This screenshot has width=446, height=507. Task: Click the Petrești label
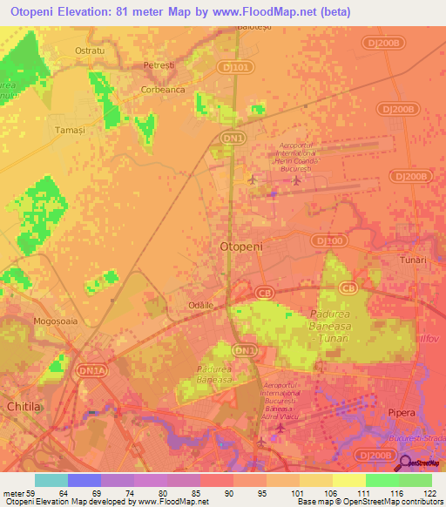(x=159, y=65)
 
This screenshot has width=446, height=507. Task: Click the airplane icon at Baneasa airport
(x=279, y=427)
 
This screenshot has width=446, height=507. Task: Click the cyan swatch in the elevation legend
(x=51, y=480)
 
